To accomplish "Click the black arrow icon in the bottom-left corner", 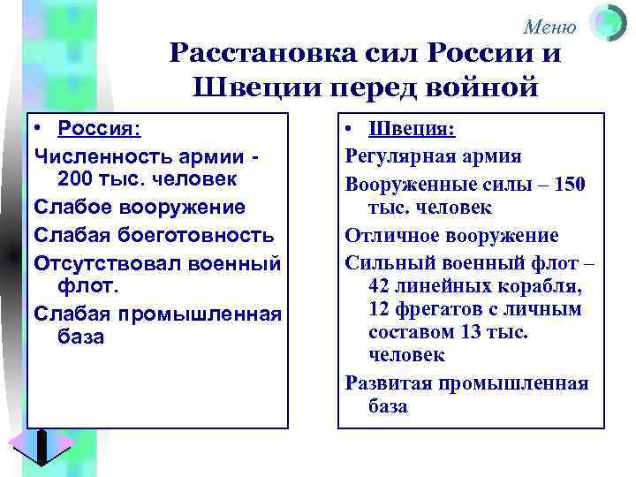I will (42, 445).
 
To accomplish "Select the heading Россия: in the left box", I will (99, 128).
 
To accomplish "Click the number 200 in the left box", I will (73, 179).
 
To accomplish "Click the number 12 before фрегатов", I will (378, 309).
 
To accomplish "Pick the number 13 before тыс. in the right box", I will (473, 330).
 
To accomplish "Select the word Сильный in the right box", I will (387, 262).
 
